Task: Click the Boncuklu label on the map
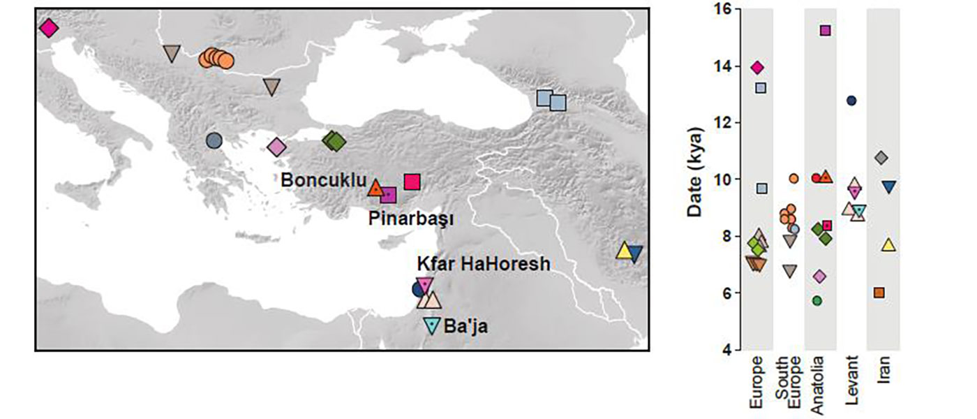[323, 180]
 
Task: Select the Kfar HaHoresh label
[484, 264]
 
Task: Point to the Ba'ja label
[465, 325]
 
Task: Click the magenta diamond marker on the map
[48, 28]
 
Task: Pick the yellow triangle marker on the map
[624, 251]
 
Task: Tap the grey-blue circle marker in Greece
[214, 140]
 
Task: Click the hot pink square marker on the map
[412, 182]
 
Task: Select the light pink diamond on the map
[277, 147]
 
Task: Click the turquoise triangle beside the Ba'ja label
[433, 325]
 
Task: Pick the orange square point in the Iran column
[879, 293]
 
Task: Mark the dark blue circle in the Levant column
[851, 101]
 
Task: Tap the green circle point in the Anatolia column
[817, 301]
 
